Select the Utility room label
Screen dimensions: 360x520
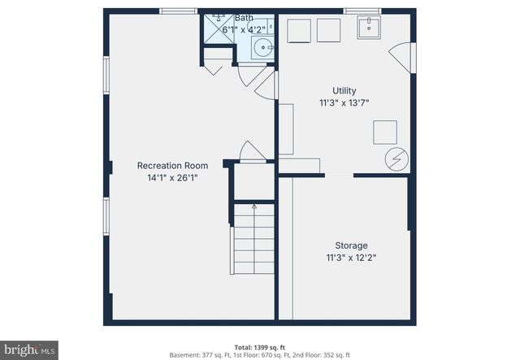pos(344,90)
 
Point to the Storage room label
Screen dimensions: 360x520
pos(351,245)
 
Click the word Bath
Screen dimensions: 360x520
pos(244,18)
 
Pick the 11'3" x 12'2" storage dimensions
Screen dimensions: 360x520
pos(351,258)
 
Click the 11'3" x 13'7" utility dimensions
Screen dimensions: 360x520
pos(344,103)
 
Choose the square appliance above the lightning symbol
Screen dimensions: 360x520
pos(384,132)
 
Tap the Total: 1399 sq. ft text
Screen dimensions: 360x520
pos(259,346)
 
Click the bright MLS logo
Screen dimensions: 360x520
pos(29,350)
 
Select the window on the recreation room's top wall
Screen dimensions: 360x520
pos(177,11)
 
